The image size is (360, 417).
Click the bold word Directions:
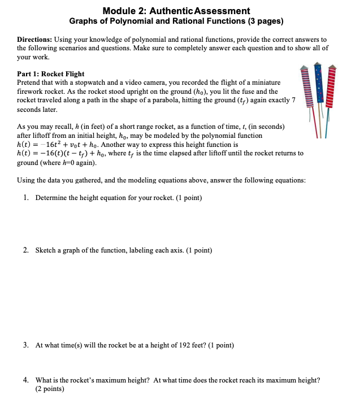pyautogui.click(x=34, y=40)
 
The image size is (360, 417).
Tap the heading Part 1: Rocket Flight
pyautogui.click(x=51, y=74)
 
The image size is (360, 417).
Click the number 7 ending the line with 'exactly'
pyautogui.click(x=293, y=99)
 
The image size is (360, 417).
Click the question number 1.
pyautogui.click(x=27, y=198)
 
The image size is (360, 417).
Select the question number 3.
pyautogui.click(x=27, y=345)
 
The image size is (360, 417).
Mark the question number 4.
pyautogui.click(x=27, y=380)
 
